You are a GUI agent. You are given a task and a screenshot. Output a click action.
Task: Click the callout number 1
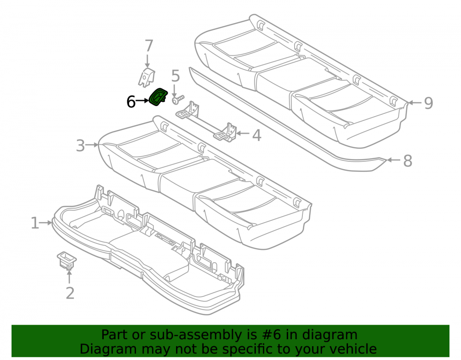(x=35, y=223)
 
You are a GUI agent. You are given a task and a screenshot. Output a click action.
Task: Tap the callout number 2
(x=70, y=293)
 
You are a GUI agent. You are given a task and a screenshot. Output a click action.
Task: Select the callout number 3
(x=80, y=146)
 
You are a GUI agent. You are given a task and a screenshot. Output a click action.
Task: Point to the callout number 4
(x=257, y=135)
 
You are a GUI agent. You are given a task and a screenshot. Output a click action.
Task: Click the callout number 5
(x=176, y=76)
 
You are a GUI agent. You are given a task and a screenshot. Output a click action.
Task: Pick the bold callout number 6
(x=131, y=102)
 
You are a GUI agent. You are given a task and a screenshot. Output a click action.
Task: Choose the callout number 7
(x=149, y=46)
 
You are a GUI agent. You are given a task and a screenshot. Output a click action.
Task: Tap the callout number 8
(x=408, y=161)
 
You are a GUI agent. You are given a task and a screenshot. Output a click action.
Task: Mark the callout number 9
(x=428, y=103)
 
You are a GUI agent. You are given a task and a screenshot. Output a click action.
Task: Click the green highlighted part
(x=158, y=97)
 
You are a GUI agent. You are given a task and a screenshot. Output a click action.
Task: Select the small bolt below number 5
(x=178, y=99)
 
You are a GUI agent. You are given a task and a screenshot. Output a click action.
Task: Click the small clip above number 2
(x=67, y=260)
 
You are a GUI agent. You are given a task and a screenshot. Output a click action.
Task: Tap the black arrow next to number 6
(x=142, y=101)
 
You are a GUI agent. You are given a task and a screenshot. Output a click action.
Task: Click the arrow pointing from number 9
(x=415, y=103)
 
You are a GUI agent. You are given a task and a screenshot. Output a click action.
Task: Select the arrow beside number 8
(x=394, y=160)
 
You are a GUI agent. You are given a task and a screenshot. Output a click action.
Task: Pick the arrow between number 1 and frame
(x=46, y=223)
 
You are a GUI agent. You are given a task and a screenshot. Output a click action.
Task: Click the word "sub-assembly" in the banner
(x=191, y=335)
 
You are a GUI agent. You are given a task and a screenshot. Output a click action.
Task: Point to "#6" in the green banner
(x=273, y=335)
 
